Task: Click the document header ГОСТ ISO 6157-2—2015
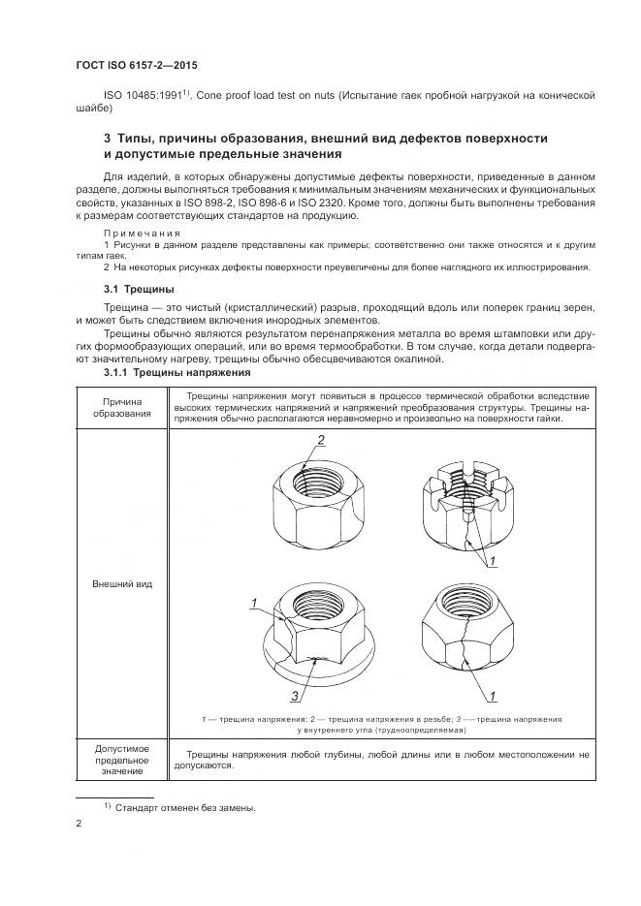144,66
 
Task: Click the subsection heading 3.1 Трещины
139,289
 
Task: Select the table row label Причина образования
122,407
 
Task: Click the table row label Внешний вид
122,585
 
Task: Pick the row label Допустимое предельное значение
122,760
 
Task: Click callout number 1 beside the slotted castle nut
492,562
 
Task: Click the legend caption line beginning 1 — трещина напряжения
381,720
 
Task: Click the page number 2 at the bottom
79,825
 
